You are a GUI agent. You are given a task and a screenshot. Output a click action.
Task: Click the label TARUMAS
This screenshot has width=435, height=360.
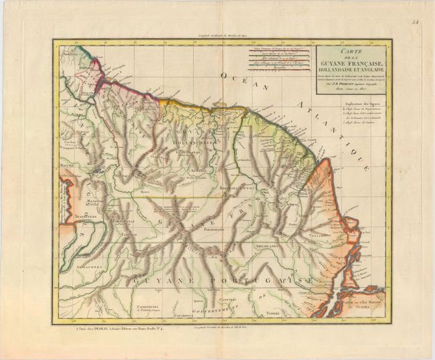pos(128,236)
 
